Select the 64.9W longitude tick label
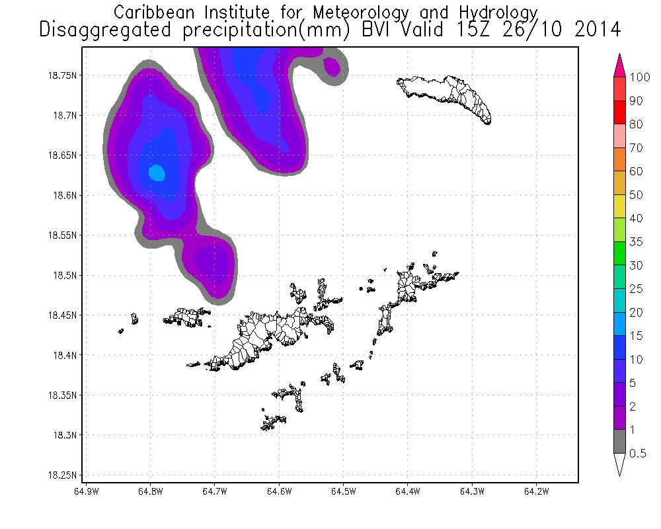(87, 491)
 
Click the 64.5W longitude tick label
(343, 491)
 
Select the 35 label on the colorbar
(637, 242)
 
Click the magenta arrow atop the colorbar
(620, 65)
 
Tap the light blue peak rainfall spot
(157, 173)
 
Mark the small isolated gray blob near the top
(332, 67)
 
